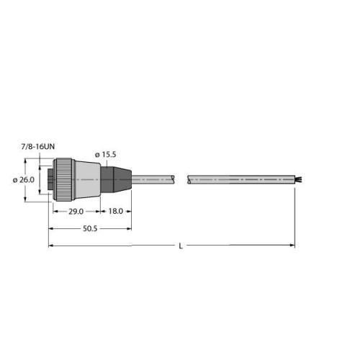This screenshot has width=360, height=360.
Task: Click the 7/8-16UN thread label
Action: point(37,146)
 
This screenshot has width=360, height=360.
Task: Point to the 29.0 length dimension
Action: point(76,212)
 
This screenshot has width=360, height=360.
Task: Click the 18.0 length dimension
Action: point(114,212)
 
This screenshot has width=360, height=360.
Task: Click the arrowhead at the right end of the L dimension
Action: point(292,246)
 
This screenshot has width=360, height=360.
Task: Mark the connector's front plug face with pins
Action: point(50,179)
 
